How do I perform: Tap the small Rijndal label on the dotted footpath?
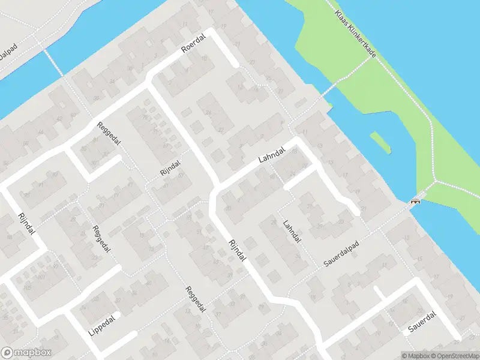click(170, 167)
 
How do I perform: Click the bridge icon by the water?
click(414, 202)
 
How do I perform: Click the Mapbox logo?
click(27, 353)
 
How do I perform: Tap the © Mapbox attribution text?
click(416, 356)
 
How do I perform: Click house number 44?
click(41, 132)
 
